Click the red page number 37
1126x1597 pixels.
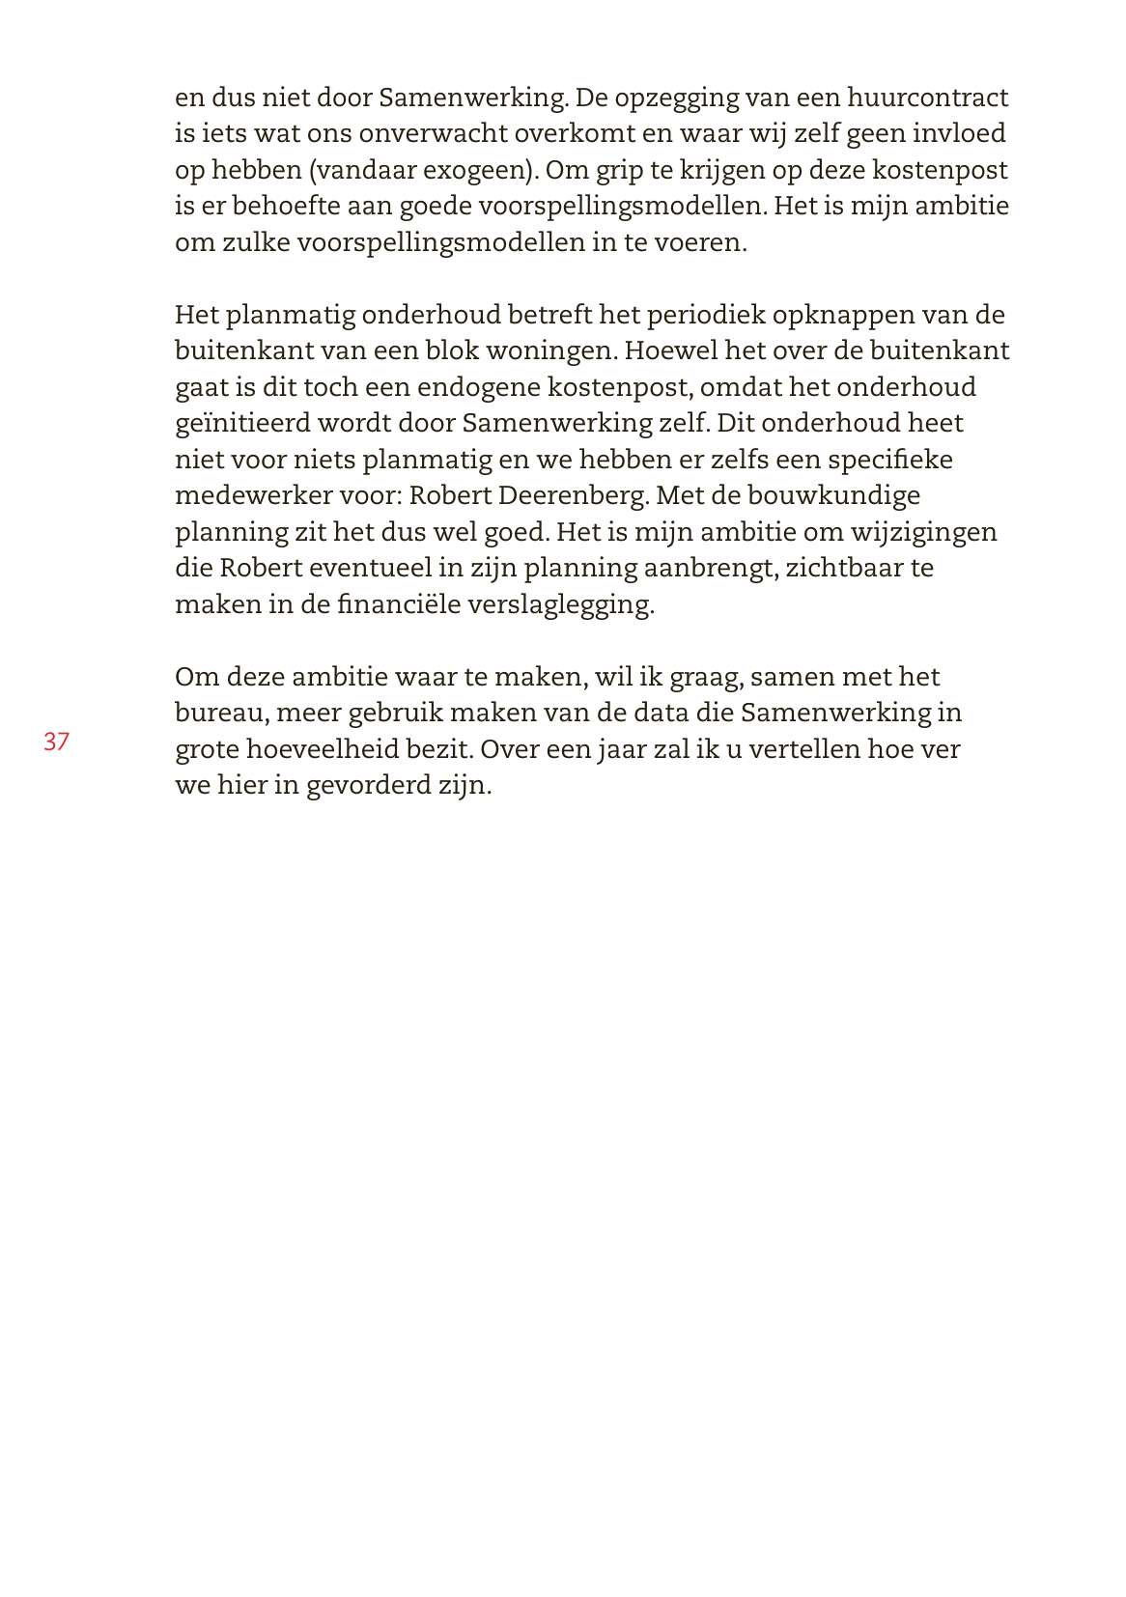tap(56, 742)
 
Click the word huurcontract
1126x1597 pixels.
tap(928, 98)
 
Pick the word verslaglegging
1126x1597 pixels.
tap(561, 604)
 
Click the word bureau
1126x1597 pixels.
tap(220, 713)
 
